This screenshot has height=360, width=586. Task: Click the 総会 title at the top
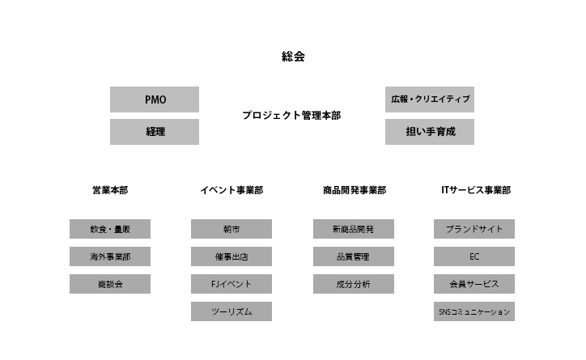(x=293, y=57)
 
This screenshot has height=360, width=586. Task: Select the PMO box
(x=155, y=100)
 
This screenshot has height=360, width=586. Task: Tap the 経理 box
(x=155, y=131)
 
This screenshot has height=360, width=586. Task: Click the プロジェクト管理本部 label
(x=291, y=116)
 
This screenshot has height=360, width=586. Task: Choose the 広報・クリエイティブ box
(x=430, y=100)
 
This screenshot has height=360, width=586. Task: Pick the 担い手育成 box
(x=430, y=131)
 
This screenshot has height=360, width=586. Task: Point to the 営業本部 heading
(x=109, y=191)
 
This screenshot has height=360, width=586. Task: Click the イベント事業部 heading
(x=231, y=191)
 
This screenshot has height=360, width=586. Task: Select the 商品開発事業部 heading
(x=354, y=191)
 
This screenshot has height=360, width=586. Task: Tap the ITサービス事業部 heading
(x=475, y=191)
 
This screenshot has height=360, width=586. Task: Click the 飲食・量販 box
(x=110, y=229)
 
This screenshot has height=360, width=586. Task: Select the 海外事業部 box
(x=110, y=256)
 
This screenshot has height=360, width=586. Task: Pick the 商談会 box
(x=110, y=284)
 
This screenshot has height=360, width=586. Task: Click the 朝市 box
(x=231, y=229)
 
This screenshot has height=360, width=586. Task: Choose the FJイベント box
(x=231, y=284)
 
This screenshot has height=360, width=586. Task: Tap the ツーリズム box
(x=231, y=311)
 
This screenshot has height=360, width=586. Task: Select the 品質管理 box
(x=354, y=256)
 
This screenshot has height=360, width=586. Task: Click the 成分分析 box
(x=354, y=284)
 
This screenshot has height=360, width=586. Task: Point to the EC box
(x=474, y=256)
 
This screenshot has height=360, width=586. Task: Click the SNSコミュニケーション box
(x=474, y=311)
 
